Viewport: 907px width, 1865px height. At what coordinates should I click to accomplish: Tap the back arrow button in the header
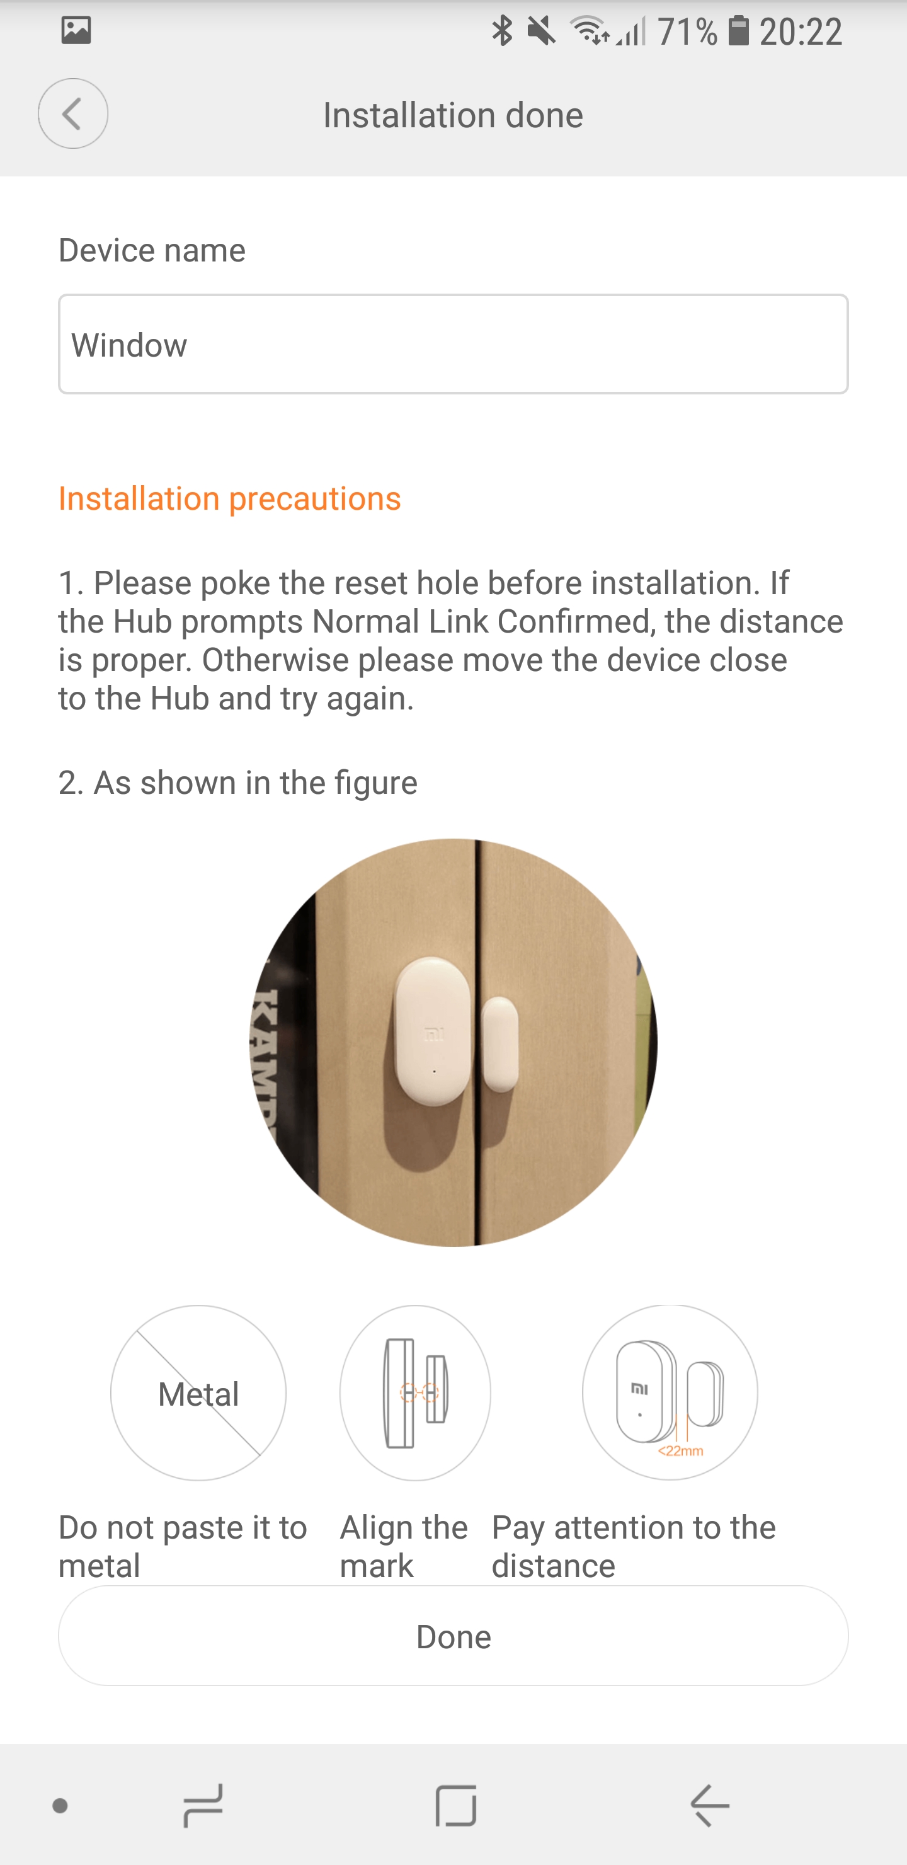[x=73, y=113]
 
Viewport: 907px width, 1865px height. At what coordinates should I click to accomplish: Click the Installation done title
[x=453, y=115]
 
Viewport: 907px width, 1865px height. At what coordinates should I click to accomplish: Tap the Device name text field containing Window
[x=453, y=344]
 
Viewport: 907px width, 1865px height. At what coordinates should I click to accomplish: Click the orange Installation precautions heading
[x=229, y=499]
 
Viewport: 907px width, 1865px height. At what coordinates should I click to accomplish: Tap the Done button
[x=453, y=1636]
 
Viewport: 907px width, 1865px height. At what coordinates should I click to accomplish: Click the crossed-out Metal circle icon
[x=198, y=1393]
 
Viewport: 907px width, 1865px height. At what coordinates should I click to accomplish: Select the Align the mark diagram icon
[x=416, y=1393]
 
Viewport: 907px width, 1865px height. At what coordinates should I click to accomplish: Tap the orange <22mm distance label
[x=680, y=1451]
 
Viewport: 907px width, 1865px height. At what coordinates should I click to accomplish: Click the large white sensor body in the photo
[x=433, y=1031]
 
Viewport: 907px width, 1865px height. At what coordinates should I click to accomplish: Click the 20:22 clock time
[x=801, y=33]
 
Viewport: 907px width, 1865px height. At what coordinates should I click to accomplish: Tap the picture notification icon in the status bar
[x=76, y=30]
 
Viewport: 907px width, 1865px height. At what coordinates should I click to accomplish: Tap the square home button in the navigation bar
[x=456, y=1805]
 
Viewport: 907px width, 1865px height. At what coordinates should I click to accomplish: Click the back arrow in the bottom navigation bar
[x=709, y=1805]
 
